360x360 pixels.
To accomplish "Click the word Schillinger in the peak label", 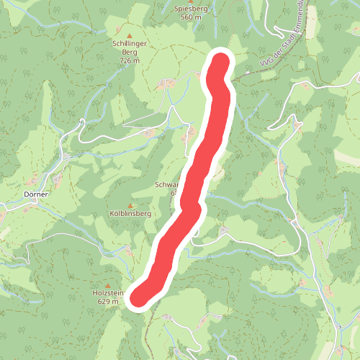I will (130, 43).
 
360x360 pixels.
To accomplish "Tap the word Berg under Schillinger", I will (130, 53).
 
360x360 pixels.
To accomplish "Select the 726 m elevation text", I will (130, 61).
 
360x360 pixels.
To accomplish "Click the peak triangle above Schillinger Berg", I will (130, 35).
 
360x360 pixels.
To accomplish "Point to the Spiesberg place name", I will (191, 8).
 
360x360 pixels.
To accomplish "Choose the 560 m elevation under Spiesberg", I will (191, 17).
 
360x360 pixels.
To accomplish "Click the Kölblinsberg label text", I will (130, 214).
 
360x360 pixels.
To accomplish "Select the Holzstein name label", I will (109, 294).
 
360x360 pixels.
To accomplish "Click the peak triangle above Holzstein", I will (108, 285).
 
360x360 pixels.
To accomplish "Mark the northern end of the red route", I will (220, 64).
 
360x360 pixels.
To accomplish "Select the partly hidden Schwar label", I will (166, 185).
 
